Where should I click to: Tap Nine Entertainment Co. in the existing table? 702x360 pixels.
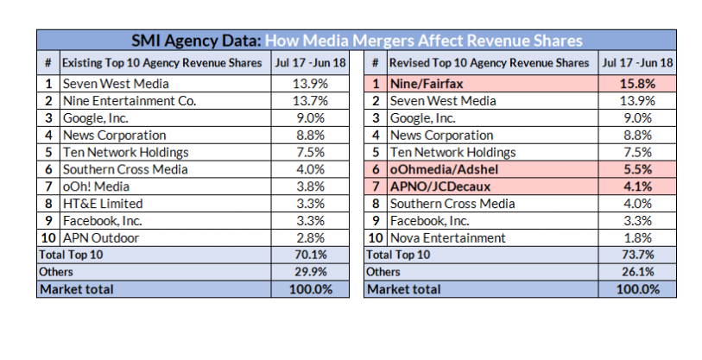[x=129, y=101]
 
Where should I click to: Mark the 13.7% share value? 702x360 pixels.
[x=309, y=101]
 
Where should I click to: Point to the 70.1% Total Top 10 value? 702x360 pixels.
[x=309, y=255]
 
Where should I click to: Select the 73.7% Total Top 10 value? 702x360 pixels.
[x=637, y=255]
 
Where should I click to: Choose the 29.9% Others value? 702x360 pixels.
[x=309, y=272]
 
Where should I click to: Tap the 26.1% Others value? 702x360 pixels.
[x=637, y=272]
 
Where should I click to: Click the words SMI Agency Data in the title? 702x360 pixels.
[x=195, y=41]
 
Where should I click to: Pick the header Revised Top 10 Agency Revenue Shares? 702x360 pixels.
[x=489, y=63]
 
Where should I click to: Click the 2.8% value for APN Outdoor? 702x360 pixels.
[x=309, y=238]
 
